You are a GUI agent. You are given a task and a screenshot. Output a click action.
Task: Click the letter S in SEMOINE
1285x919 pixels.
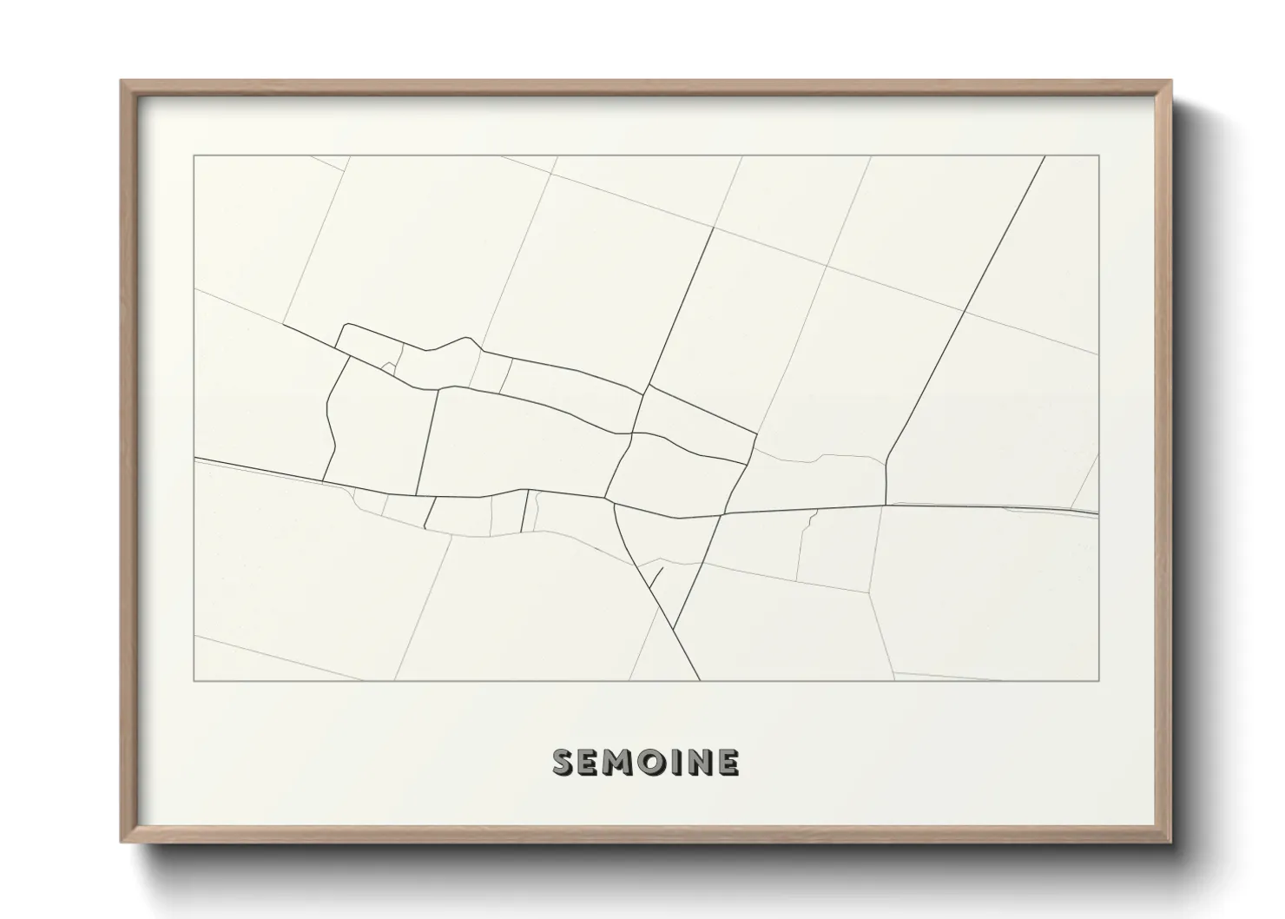(563, 763)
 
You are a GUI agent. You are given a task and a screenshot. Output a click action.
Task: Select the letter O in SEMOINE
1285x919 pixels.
(647, 763)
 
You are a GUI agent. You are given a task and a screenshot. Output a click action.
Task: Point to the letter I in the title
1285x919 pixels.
(672, 763)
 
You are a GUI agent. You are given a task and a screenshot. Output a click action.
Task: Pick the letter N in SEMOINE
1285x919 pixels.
(696, 763)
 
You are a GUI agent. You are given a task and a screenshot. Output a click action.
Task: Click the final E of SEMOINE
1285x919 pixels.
(727, 763)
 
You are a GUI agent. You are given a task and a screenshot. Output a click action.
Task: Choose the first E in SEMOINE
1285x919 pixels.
(588, 763)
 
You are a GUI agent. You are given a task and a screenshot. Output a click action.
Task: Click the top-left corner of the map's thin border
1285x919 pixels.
(194, 155)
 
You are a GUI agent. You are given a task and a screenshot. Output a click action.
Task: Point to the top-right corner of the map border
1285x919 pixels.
(1099, 155)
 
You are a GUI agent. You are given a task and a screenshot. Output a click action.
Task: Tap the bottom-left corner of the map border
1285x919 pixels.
(194, 681)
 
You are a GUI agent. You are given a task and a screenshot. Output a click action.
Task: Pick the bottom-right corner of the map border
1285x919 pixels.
(1099, 681)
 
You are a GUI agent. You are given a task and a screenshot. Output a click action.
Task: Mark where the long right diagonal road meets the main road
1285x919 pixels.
(886, 504)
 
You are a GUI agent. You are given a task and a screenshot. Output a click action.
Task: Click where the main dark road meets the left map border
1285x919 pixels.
(194, 457)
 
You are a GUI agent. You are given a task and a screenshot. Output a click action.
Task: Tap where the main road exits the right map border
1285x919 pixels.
(1098, 514)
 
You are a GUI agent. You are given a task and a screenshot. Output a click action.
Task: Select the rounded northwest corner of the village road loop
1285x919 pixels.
(346, 326)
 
